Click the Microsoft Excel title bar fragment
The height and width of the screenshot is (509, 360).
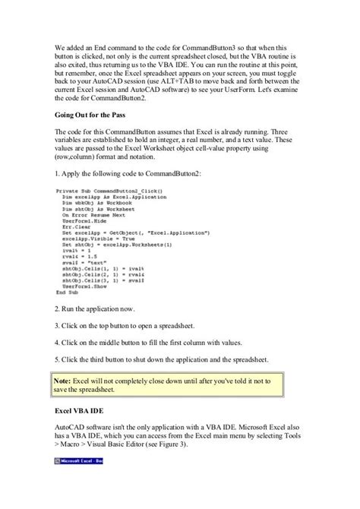(x=83, y=461)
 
